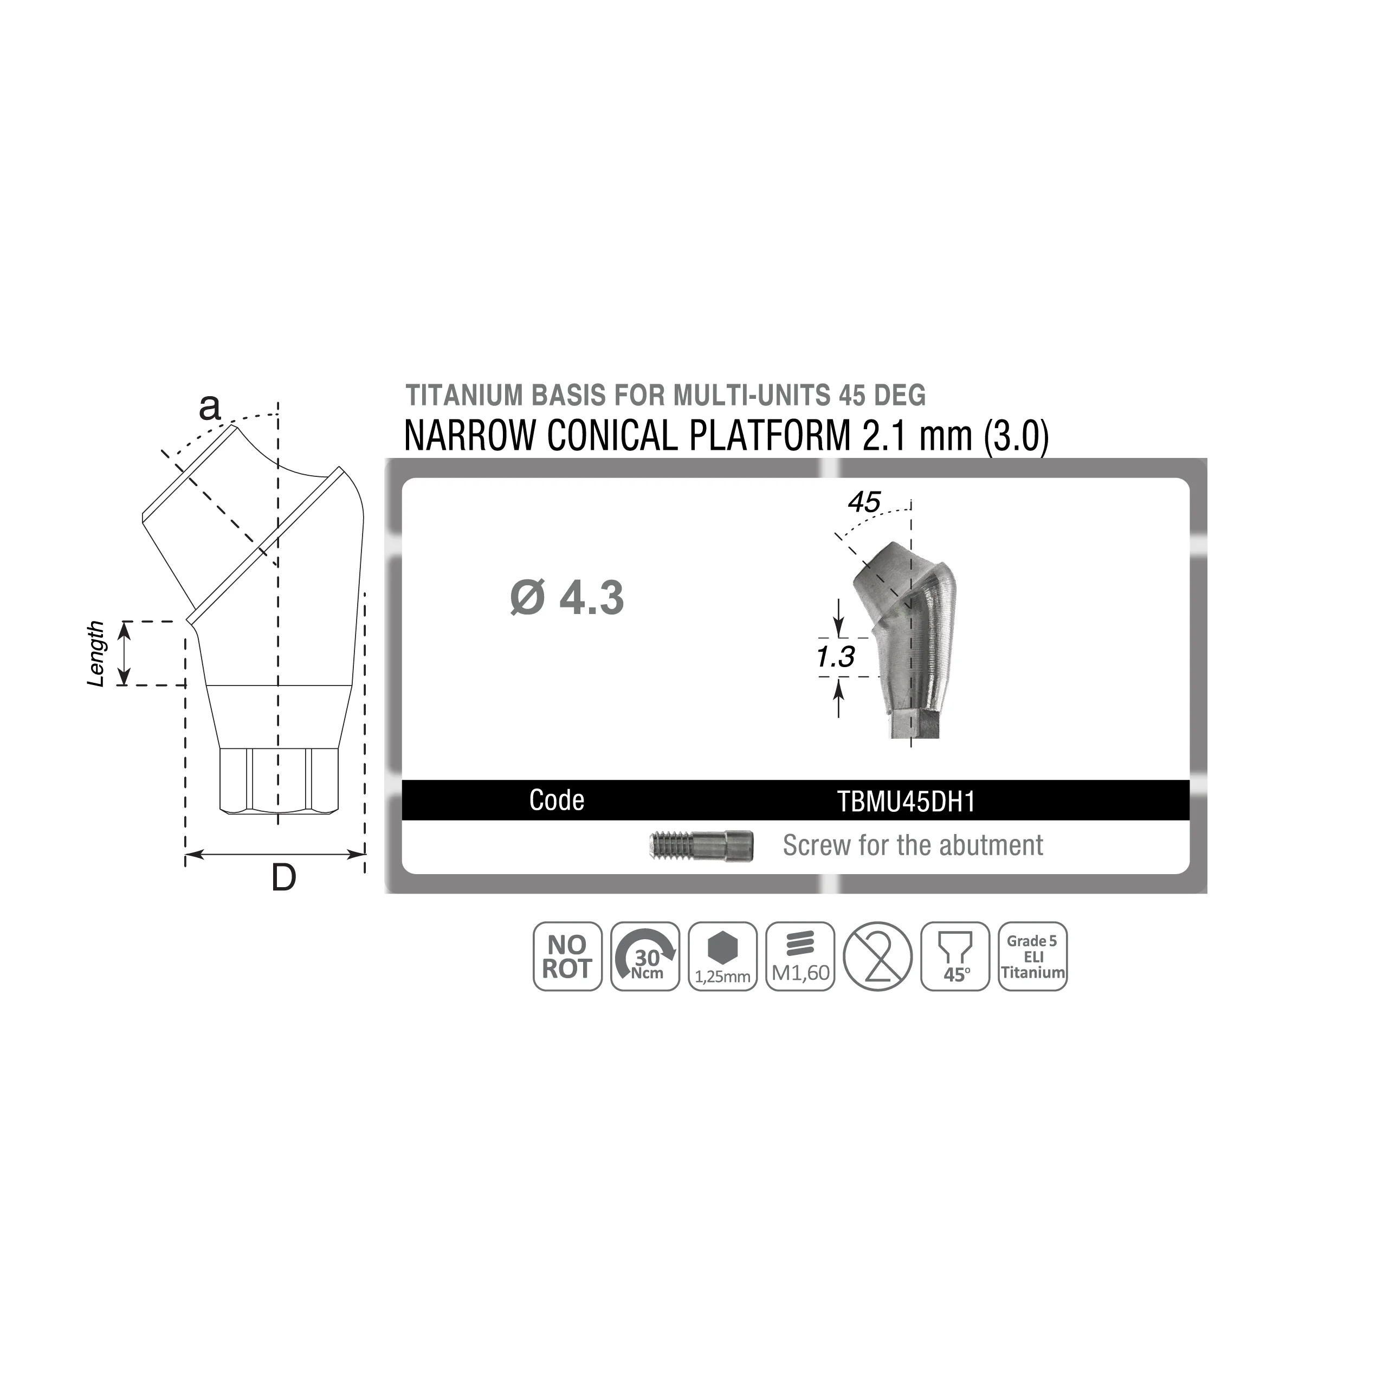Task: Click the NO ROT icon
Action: point(567,957)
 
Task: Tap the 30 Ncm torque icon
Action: point(645,957)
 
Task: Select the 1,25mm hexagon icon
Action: point(722,957)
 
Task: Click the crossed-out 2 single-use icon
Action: point(877,957)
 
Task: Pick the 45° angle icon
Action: point(955,957)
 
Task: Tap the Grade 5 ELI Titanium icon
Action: point(1032,957)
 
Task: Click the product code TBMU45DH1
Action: point(906,802)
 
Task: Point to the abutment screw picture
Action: point(701,845)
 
